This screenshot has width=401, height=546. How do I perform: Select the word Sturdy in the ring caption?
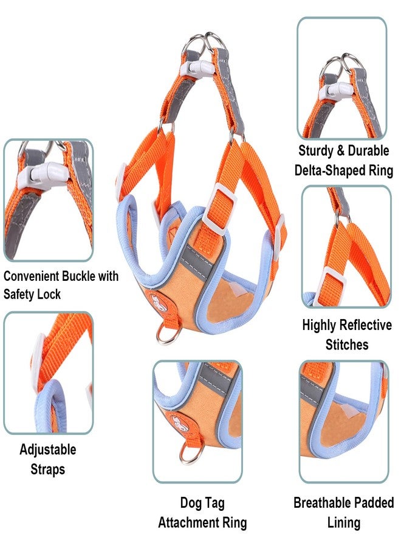[x=315, y=151]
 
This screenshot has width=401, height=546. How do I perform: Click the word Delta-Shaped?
[x=325, y=170]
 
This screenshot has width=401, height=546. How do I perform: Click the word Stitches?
[x=347, y=345]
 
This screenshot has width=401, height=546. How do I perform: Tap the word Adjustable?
[x=48, y=450]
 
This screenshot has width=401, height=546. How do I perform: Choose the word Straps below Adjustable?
[x=48, y=470]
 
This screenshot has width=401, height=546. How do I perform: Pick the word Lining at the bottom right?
[x=344, y=523]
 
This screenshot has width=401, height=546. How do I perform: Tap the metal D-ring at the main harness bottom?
[x=168, y=334]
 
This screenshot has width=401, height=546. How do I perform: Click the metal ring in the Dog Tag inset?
[x=191, y=453]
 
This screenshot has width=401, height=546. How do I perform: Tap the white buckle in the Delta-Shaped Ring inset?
[x=337, y=90]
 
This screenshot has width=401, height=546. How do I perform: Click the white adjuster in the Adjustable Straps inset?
[x=38, y=359]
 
